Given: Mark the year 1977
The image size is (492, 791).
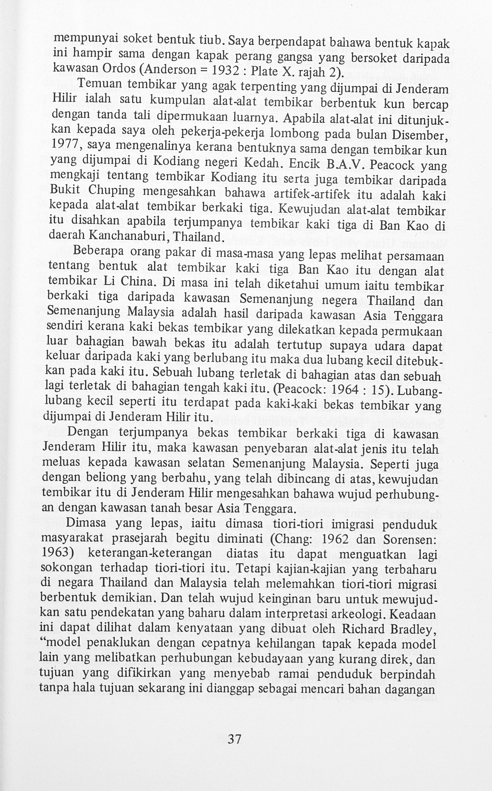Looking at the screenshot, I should [65, 143].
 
